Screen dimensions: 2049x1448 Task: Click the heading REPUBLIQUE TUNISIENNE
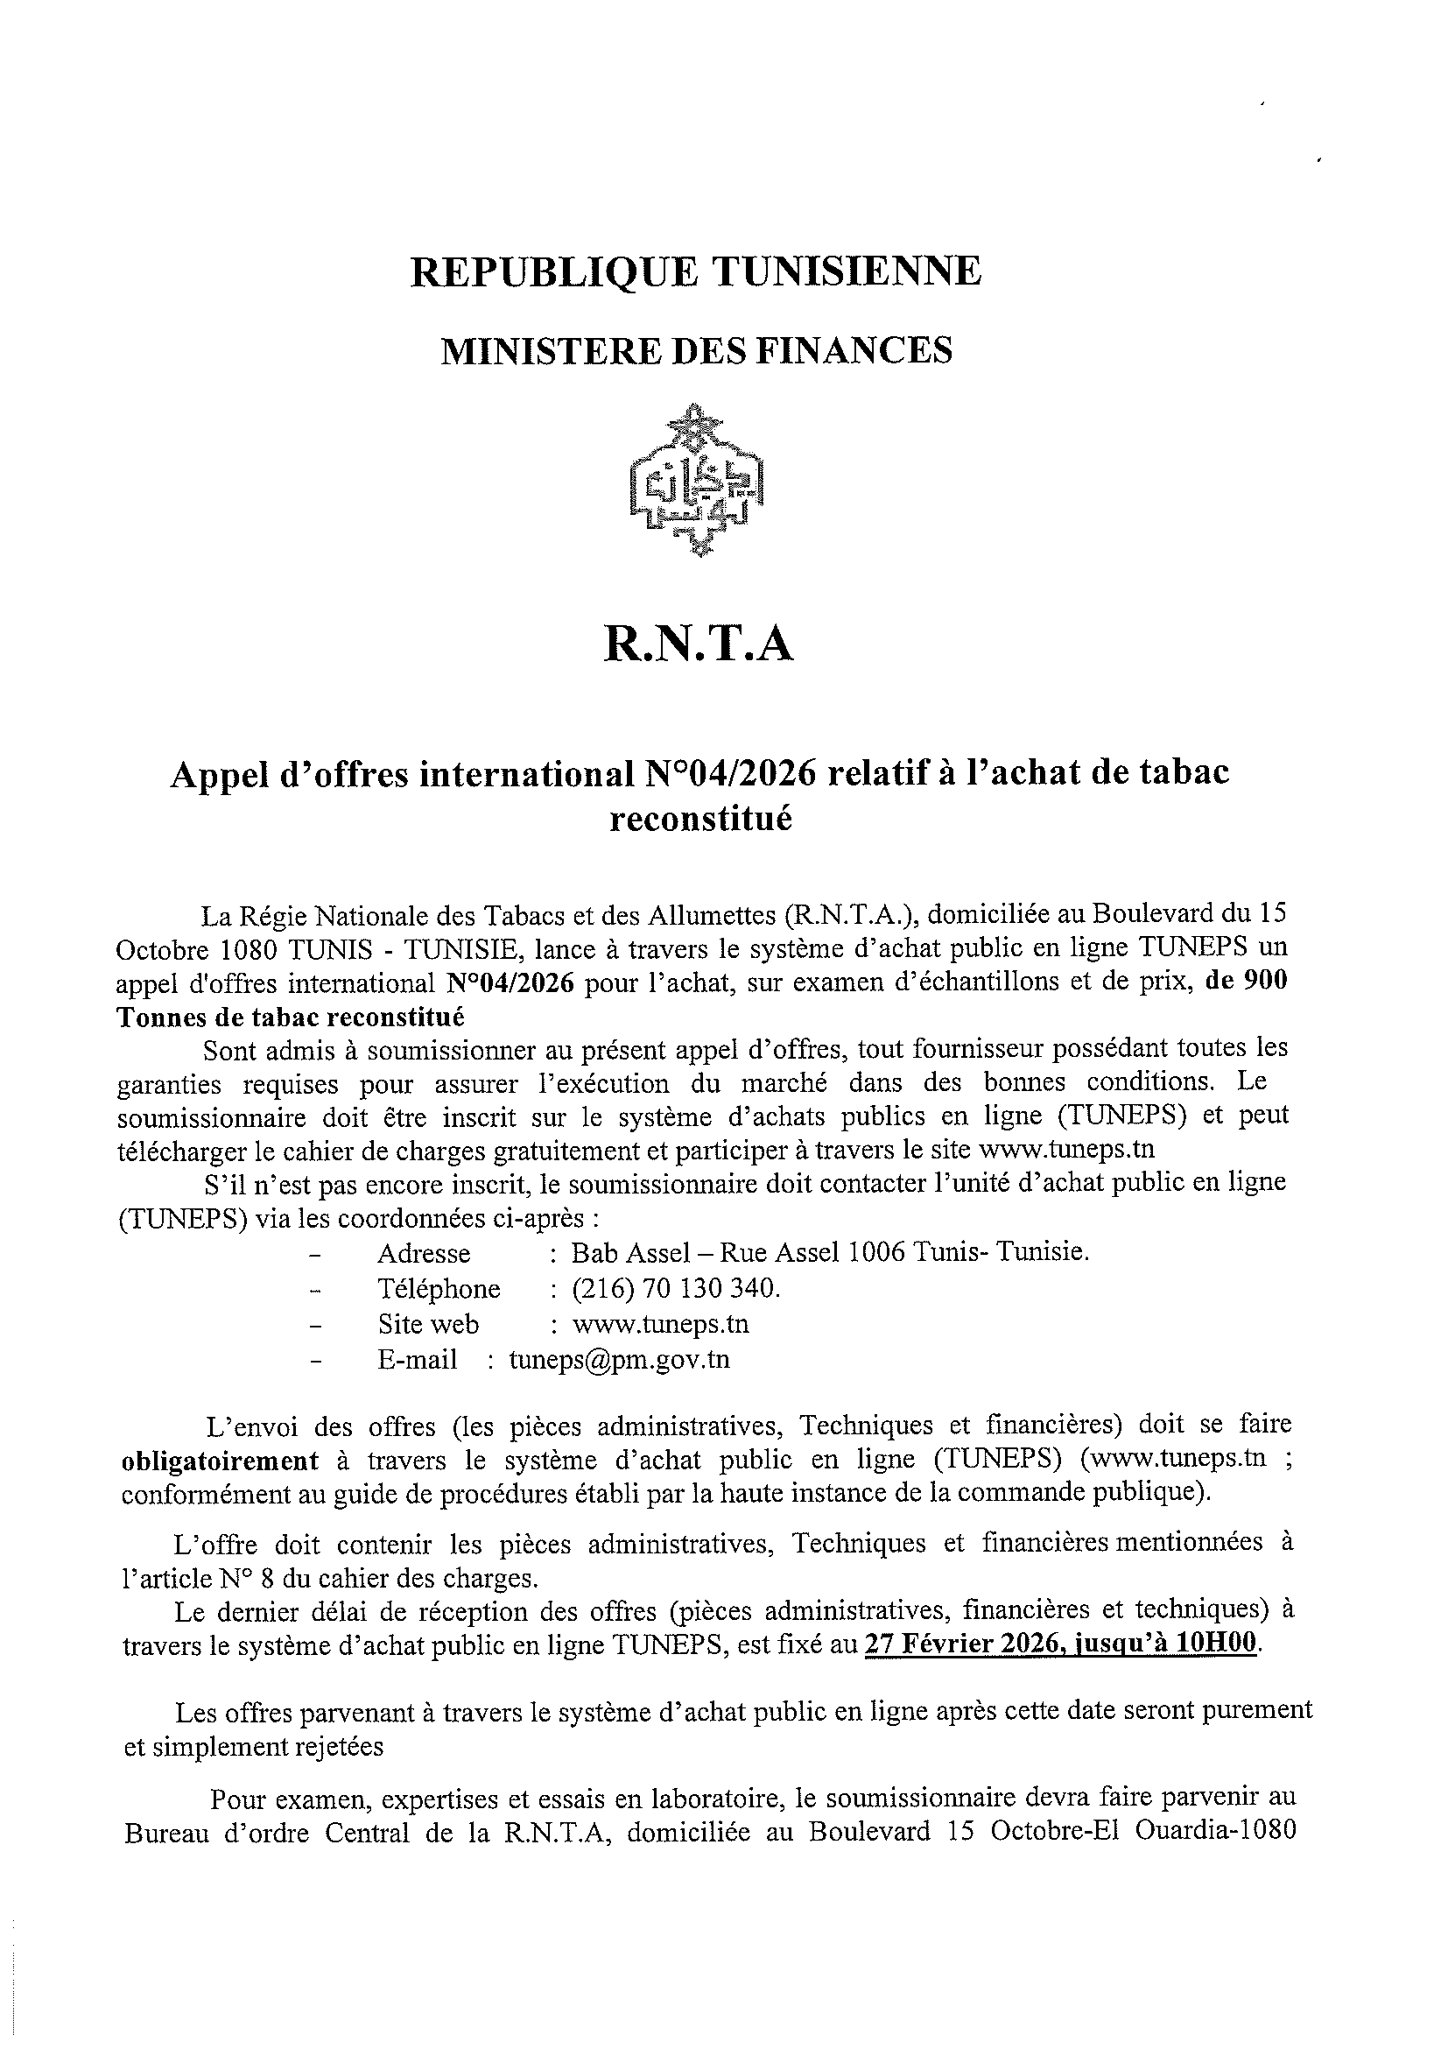(695, 271)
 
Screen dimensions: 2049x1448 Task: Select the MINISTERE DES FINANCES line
(697, 350)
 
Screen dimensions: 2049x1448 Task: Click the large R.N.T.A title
(698, 644)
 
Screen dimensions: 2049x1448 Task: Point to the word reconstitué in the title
(700, 818)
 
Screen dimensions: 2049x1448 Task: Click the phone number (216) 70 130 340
(676, 1289)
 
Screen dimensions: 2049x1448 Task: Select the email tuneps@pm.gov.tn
(619, 1359)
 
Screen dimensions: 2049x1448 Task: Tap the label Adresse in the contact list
(423, 1254)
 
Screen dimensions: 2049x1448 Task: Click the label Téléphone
(438, 1289)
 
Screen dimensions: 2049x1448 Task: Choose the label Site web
(428, 1323)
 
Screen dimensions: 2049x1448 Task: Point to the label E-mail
(417, 1359)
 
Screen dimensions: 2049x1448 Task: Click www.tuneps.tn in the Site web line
(660, 1323)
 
